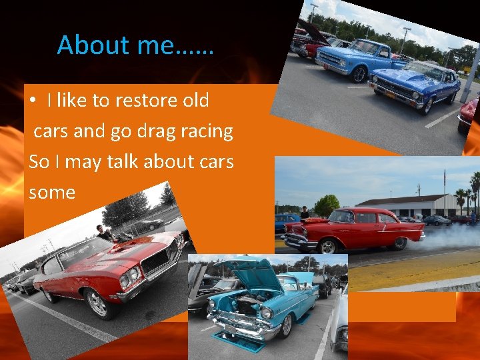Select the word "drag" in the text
[157, 131]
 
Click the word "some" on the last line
[52, 192]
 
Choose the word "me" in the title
[153, 45]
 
